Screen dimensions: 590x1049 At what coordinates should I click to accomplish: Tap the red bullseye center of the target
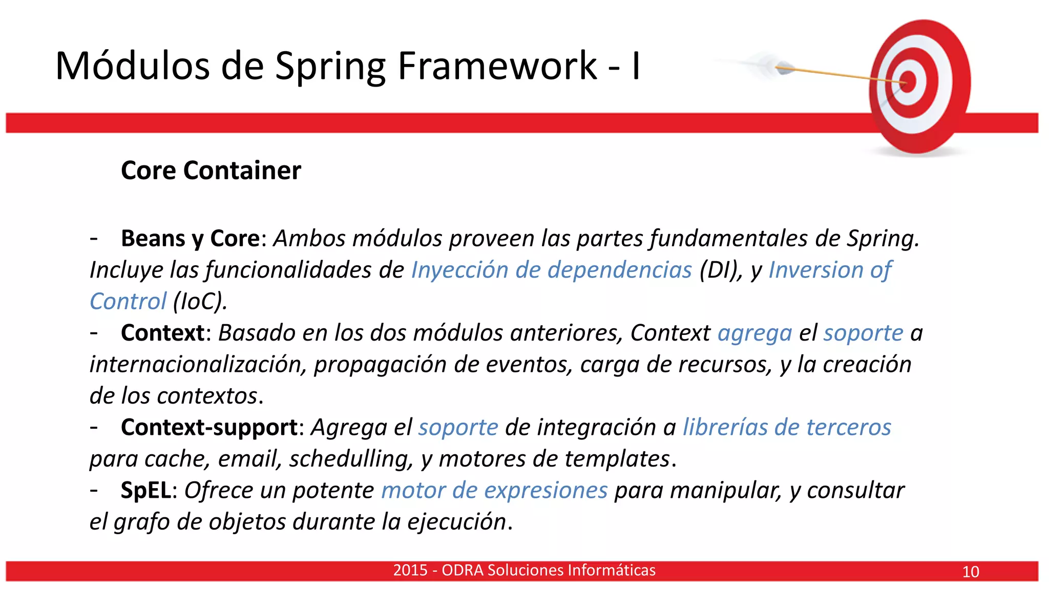908,82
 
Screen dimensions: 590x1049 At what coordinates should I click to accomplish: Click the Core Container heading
211,171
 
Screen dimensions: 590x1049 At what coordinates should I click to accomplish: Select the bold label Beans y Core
190,239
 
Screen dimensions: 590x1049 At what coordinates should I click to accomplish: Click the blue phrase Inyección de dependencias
551,270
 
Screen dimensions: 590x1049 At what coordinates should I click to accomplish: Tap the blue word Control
128,301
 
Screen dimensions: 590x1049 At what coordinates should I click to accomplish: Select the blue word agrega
754,333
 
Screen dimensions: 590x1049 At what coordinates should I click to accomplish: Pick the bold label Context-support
209,428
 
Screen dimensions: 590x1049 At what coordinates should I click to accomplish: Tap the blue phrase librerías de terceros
787,428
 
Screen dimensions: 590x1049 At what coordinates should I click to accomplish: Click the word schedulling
351,459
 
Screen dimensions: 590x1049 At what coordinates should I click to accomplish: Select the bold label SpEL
145,491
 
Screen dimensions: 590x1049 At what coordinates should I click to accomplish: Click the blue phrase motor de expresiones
494,491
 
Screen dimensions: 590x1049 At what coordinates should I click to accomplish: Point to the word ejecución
456,522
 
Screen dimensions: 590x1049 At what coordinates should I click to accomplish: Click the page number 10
970,572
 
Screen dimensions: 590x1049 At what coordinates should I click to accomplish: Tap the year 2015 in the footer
410,570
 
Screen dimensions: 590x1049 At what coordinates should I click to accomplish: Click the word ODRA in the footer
462,570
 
